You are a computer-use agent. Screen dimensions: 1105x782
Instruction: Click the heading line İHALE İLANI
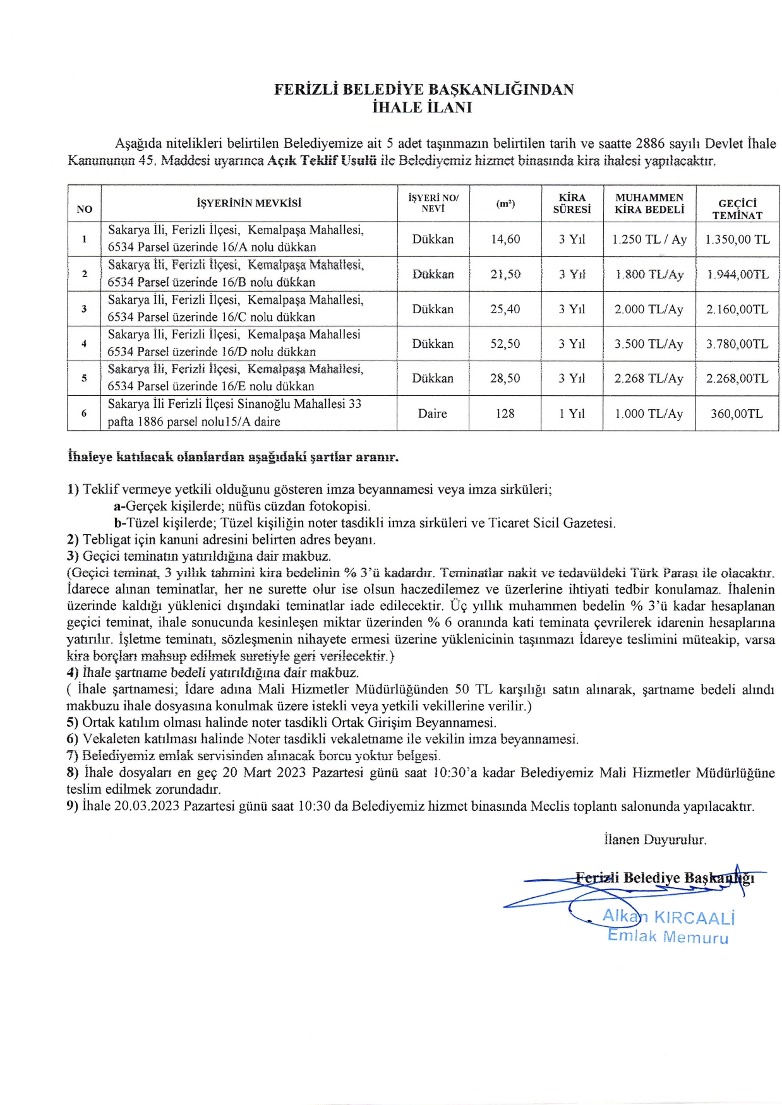click(x=422, y=107)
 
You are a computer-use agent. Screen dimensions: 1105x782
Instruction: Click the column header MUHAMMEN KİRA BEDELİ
click(x=649, y=203)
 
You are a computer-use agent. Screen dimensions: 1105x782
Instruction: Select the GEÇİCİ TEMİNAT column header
click(x=737, y=209)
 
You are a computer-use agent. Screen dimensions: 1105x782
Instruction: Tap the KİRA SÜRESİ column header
click(x=572, y=203)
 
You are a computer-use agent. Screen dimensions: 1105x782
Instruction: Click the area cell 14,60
click(x=505, y=239)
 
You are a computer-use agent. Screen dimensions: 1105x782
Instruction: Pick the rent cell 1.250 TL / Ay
click(x=649, y=239)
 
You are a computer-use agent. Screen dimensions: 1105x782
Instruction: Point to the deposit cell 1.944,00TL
click(x=737, y=274)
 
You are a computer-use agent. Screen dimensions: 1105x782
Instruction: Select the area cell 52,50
click(x=505, y=344)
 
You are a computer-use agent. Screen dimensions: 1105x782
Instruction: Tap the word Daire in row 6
click(x=433, y=414)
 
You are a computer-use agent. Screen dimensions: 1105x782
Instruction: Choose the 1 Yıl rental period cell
click(x=572, y=414)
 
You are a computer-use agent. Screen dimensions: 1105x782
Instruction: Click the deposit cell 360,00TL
click(x=737, y=414)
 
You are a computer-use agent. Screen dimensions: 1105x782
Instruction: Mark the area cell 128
click(x=505, y=414)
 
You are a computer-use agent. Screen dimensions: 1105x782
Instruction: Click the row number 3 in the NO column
click(x=84, y=309)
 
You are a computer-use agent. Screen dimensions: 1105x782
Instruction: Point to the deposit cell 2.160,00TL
click(x=737, y=309)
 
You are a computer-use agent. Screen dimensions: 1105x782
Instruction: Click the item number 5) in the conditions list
click(x=73, y=722)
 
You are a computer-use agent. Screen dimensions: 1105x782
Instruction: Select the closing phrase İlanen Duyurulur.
click(x=655, y=840)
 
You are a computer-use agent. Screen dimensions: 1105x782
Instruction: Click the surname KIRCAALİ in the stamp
click(x=694, y=917)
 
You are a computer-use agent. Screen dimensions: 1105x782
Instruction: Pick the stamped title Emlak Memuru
click(x=668, y=936)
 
